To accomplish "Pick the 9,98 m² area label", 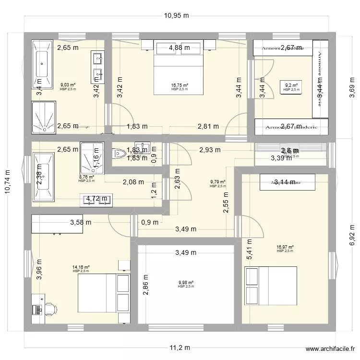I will [x=185, y=283].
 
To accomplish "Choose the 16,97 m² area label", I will [x=285, y=248].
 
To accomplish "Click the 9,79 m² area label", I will [x=217, y=182].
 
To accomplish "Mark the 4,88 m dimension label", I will [x=179, y=48].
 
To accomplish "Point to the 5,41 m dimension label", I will [x=249, y=250].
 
